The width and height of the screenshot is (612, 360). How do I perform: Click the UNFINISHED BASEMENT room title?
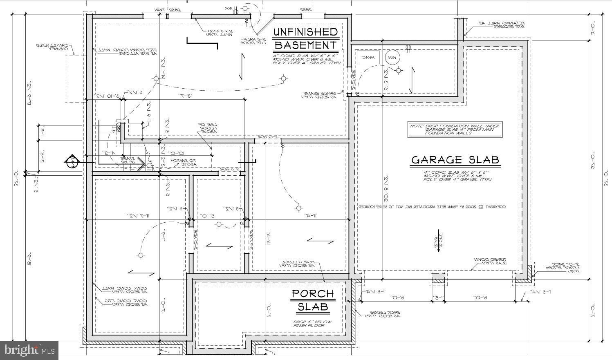tap(305, 38)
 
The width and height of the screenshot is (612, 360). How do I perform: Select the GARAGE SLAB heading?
tap(455, 160)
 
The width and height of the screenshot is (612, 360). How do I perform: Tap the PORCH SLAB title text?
tap(313, 300)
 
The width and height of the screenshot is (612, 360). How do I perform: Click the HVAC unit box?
tap(368, 58)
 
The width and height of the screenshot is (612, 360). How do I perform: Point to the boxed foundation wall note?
tap(455, 130)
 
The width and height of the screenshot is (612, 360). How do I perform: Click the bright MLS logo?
tap(29, 350)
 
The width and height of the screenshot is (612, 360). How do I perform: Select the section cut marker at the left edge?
tap(72, 162)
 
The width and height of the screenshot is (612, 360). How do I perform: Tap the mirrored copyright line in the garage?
tap(432, 207)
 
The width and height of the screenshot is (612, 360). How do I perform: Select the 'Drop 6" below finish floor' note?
tap(313, 323)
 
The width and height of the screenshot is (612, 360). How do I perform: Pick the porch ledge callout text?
tap(297, 264)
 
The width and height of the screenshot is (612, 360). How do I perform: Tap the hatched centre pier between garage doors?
tap(438, 280)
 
